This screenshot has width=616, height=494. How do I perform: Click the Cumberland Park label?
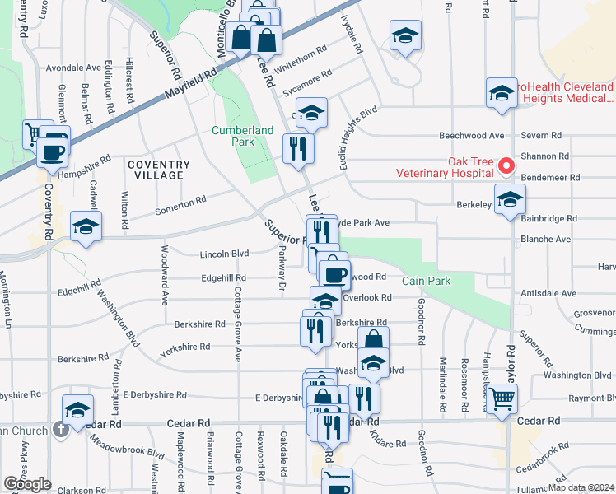(242, 136)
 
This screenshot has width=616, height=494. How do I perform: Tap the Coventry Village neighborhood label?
(159, 170)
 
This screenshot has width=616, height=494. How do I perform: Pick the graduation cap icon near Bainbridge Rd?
(510, 199)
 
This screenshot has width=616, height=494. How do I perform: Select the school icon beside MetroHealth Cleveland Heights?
(502, 93)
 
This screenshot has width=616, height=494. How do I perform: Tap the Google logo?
(27, 484)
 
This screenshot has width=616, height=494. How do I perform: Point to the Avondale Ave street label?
(73, 68)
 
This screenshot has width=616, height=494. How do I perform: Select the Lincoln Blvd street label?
(224, 254)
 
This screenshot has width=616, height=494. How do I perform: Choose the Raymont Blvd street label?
(586, 397)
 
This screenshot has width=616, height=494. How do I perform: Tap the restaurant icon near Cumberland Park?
(296, 148)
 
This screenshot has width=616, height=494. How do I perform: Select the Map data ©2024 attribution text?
(581, 487)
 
